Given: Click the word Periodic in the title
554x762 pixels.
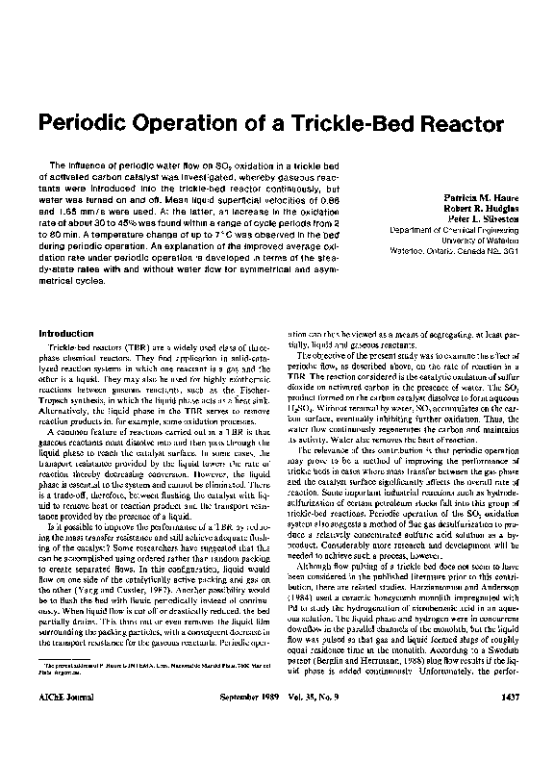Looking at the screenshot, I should (x=87, y=125).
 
